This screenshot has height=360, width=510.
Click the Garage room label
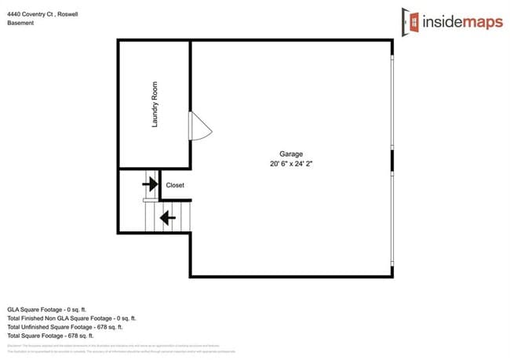(291, 154)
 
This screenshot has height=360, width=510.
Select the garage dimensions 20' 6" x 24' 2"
(291, 164)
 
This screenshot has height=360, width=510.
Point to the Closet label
(175, 186)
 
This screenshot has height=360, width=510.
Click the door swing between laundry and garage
(199, 126)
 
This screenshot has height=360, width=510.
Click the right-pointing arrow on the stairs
(149, 184)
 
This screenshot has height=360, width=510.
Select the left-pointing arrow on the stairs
(166, 216)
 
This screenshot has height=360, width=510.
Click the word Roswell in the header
(67, 14)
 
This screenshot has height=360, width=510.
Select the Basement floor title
(20, 24)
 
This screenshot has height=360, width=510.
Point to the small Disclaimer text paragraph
(118, 347)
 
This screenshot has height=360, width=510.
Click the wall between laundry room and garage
(191, 86)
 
